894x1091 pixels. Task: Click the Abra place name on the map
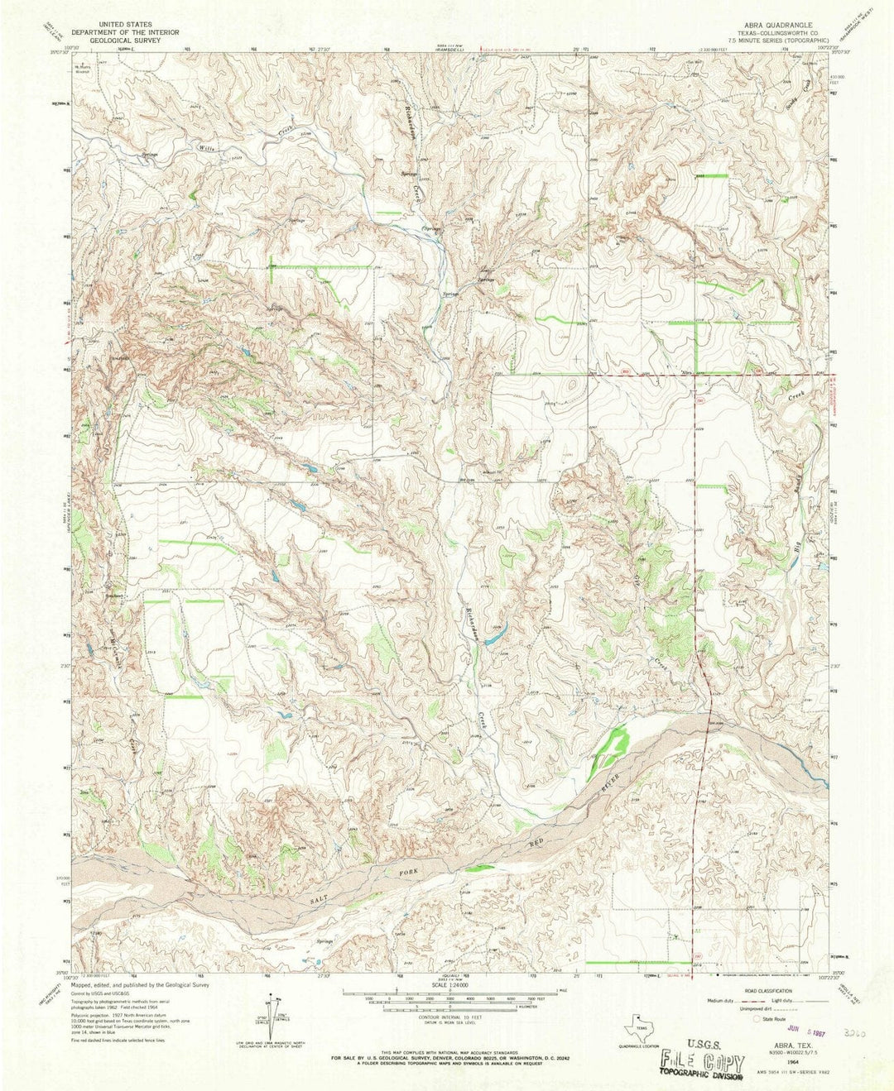click(x=685, y=374)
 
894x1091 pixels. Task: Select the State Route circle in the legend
click(x=756, y=1020)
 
